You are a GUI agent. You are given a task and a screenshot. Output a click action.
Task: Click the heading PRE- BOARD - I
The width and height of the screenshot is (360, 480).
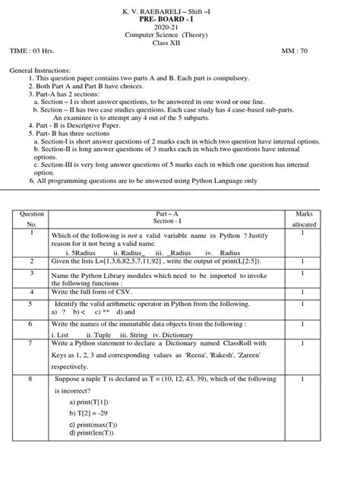180,17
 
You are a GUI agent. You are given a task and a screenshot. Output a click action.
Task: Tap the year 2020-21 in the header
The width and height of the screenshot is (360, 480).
180,27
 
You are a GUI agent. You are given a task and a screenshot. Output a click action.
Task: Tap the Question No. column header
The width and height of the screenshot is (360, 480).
32,220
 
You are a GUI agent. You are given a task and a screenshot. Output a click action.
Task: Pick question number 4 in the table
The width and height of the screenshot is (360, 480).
32,292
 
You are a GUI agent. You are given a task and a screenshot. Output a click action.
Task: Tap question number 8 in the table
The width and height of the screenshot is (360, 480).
32,377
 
